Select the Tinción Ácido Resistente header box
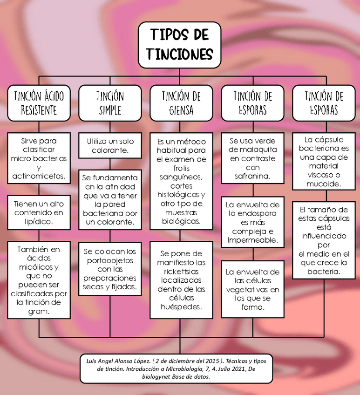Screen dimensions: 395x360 pos(39,102)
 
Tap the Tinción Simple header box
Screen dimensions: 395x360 pos(110,102)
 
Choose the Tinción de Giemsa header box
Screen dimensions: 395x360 pos(181,102)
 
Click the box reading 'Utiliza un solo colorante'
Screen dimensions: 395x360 pos(110,145)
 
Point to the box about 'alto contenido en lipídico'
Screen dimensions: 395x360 pos(39,213)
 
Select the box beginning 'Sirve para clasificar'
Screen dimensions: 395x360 pos(39,158)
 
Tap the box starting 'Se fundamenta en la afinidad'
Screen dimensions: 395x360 pos(110,200)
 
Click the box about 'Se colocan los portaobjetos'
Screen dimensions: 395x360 pos(110,269)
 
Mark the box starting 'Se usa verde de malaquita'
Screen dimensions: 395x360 pos(252,158)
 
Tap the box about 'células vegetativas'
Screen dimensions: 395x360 pos(252,289)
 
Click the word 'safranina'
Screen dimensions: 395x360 pos(252,177)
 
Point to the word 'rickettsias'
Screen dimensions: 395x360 pos(181,272)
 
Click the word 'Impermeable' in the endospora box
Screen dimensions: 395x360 pos(253,240)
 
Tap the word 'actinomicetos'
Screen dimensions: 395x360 pos(39,177)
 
